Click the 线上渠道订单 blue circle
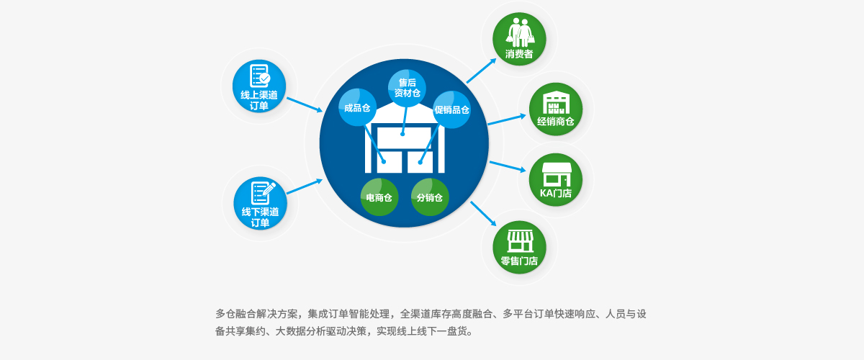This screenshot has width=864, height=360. coord(259,86)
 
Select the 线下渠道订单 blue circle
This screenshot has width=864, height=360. coord(261,203)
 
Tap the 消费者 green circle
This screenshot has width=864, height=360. coord(519,39)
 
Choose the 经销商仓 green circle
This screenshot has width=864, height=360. coord(556,109)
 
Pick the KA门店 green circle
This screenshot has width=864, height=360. coord(556,180)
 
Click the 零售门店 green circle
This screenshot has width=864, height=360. coord(519,248)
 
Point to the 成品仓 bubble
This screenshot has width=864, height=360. coord(358,107)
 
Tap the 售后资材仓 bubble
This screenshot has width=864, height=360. coord(407,89)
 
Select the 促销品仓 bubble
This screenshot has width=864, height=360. coord(451,109)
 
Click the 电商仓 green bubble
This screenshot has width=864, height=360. coord(379,197)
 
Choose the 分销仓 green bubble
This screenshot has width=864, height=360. coord(430,197)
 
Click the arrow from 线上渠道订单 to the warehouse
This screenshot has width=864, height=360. coord(305,105)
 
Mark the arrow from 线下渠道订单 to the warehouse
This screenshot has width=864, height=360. coord(305,186)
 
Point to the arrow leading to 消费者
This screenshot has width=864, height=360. coord(482,71)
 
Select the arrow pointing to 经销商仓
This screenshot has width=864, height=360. coord(507,120)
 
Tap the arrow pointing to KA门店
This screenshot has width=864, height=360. coord(508,167)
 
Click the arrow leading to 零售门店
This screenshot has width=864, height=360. coord(483,214)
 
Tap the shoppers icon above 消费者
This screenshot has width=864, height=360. coord(520,32)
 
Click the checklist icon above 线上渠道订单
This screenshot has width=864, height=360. coord(260,76)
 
